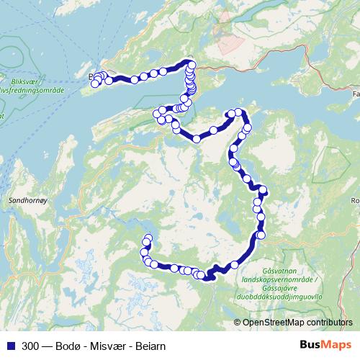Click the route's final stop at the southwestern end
tap(148, 238)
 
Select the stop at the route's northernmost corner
tap(190, 63)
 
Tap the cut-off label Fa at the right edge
tap(355, 94)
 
